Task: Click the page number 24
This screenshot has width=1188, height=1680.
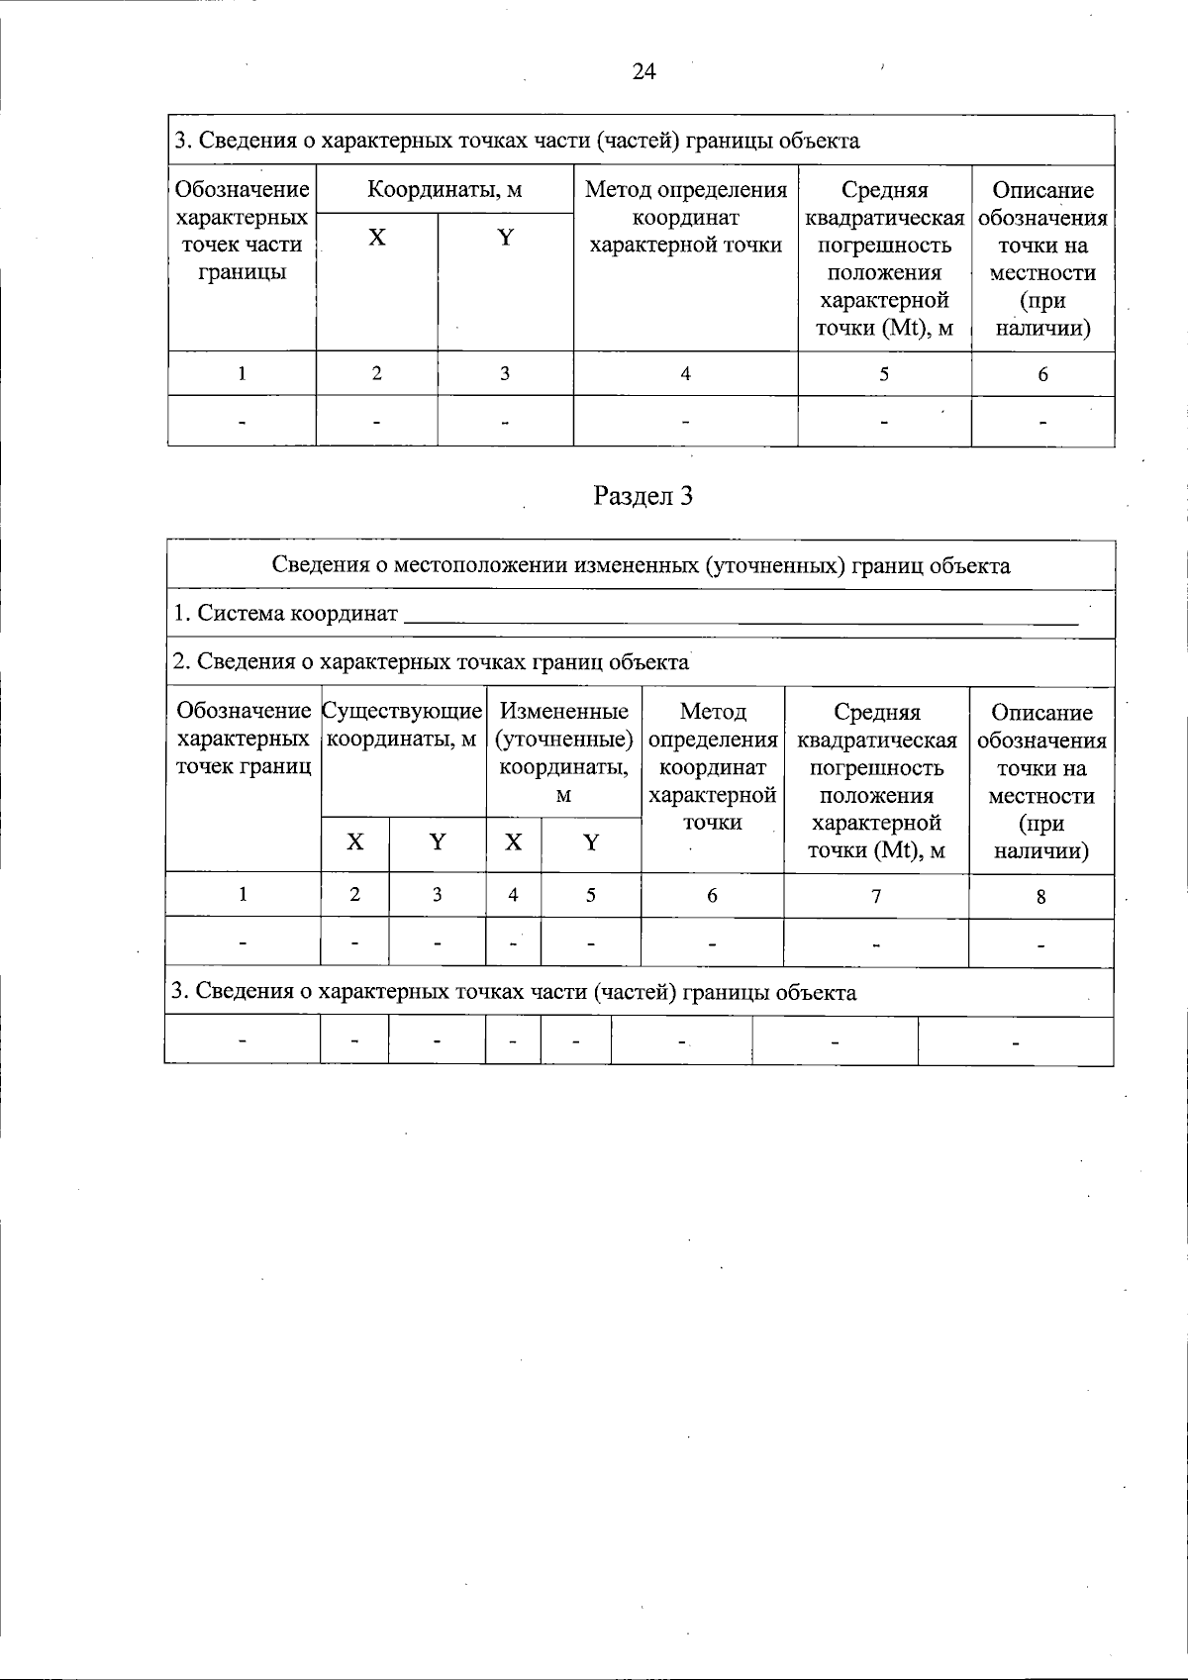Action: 643,72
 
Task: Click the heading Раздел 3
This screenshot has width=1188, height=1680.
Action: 643,496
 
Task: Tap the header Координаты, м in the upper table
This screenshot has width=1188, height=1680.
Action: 445,190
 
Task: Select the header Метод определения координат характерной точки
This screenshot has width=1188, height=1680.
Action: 686,217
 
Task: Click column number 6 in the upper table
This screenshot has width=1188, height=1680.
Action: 1042,374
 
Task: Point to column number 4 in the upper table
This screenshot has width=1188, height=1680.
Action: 685,374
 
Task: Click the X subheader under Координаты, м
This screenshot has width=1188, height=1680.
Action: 376,238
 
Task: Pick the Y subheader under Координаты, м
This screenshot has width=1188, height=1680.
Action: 505,238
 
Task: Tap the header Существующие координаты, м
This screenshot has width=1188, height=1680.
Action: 403,726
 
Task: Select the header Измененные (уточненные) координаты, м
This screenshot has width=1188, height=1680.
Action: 563,752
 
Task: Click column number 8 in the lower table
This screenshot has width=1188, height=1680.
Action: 1040,897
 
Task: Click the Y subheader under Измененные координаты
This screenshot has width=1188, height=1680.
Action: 591,843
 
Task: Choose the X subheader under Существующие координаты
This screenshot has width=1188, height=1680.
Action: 354,842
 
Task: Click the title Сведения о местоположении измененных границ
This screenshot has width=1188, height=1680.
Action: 642,566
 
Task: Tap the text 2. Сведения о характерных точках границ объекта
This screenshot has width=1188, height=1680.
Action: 431,662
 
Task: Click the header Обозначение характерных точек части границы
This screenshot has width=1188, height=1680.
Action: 242,231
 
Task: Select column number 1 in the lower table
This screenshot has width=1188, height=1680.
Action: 243,894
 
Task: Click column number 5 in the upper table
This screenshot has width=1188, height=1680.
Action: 884,374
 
